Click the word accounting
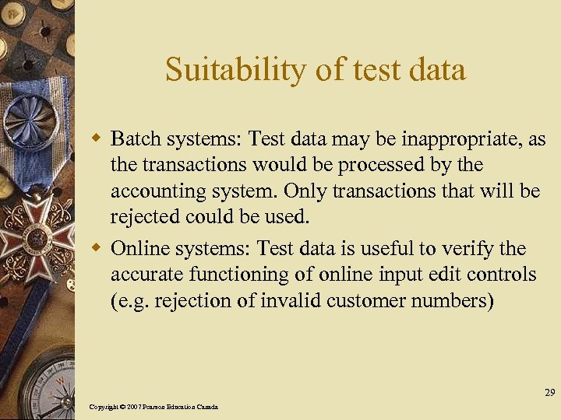pyautogui.click(x=153, y=192)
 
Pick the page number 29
pyautogui.click(x=549, y=393)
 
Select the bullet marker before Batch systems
pyautogui.click(x=98, y=139)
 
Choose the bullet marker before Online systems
pyautogui.click(x=98, y=249)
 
